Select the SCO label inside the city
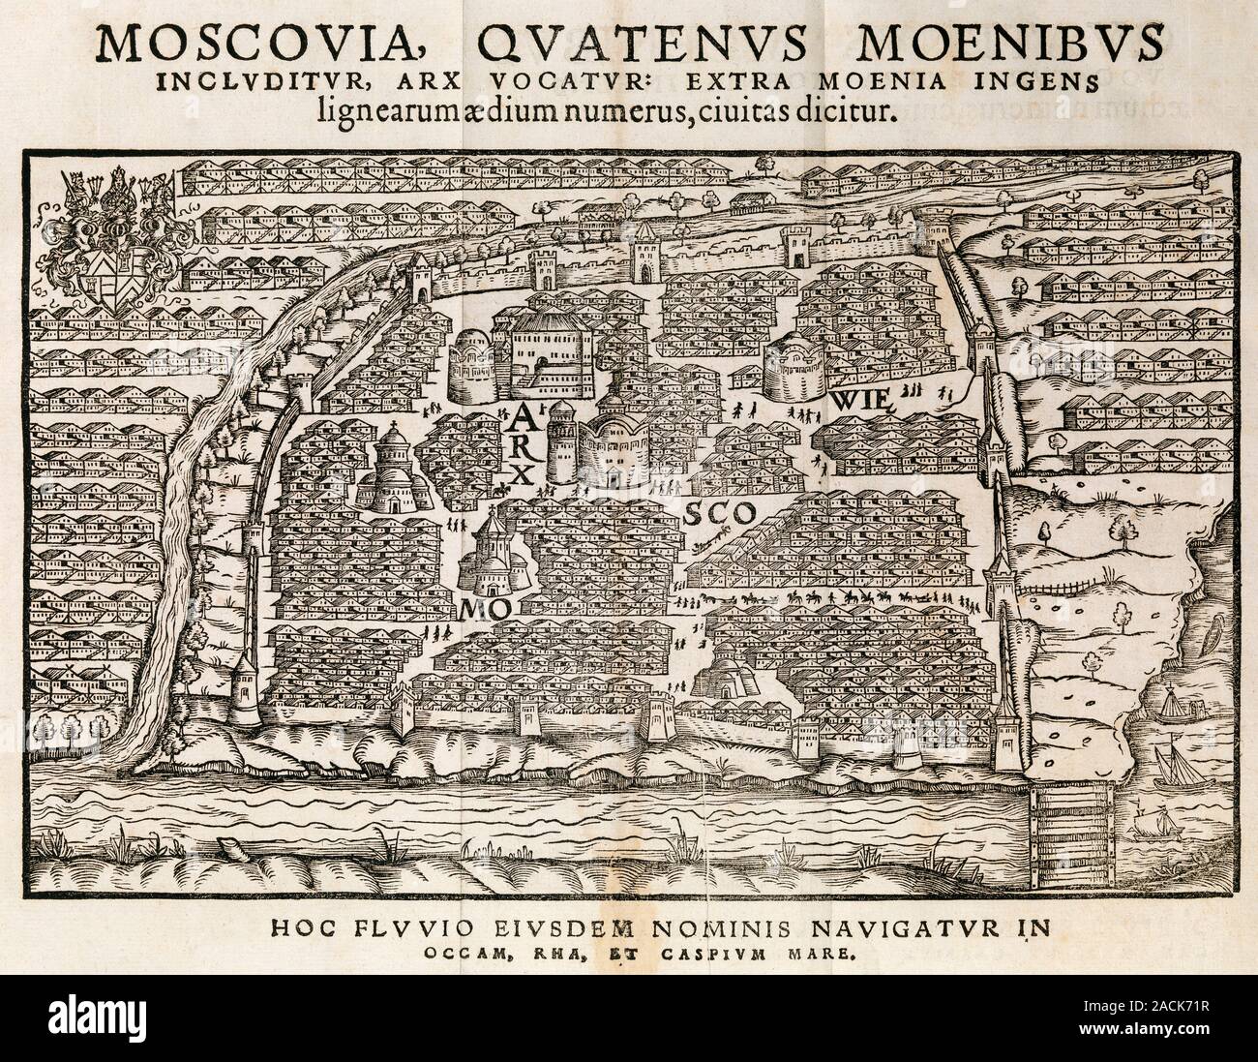tap(717, 515)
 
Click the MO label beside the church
tap(483, 608)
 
